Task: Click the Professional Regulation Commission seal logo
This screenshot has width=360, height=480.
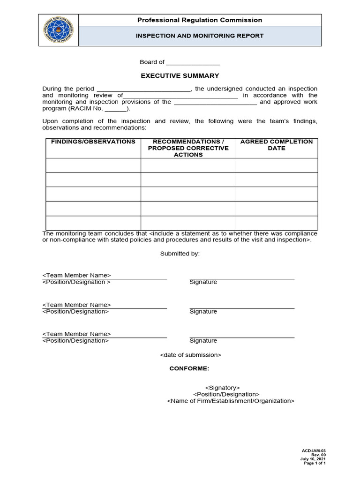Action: tap(58, 30)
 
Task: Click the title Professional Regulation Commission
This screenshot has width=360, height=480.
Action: tap(199, 20)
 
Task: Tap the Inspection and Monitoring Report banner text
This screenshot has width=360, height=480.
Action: tap(199, 36)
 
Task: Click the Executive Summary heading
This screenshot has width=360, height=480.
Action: tap(180, 75)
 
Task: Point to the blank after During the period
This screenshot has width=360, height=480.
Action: tap(143, 89)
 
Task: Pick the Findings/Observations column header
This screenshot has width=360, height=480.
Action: tap(93, 142)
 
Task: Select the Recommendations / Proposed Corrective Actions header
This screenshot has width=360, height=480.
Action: tap(188, 148)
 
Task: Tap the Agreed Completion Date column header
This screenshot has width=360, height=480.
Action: tap(277, 145)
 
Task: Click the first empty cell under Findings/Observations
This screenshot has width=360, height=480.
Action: tap(93, 165)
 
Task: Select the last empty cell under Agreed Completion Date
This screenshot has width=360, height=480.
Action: tap(277, 223)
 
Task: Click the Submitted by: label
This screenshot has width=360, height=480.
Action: tap(180, 254)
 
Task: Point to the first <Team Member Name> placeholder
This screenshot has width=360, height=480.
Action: tap(76, 275)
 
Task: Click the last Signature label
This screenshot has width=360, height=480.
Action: tap(203, 341)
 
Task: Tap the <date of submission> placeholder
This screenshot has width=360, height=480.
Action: tap(190, 355)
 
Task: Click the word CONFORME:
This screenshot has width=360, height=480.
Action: tap(186, 368)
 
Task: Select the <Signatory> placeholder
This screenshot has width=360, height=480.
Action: tap(223, 388)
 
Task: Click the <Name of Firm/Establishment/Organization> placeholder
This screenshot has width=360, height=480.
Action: tap(231, 401)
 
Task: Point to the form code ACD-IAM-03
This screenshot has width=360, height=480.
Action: tap(314, 450)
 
